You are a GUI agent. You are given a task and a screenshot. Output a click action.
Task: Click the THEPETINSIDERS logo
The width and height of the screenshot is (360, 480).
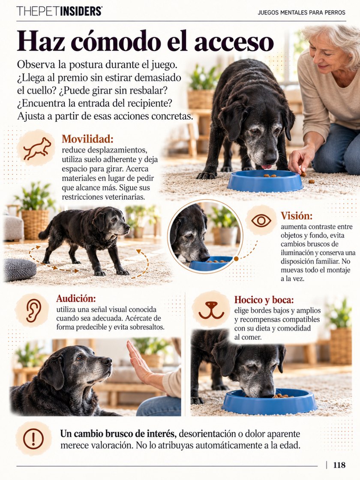(60, 11)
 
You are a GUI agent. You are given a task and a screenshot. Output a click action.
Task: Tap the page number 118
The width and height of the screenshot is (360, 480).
(339, 465)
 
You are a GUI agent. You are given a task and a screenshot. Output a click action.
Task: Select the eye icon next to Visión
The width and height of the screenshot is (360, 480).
(261, 220)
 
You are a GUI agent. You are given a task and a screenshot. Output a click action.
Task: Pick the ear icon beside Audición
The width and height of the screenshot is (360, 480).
(33, 310)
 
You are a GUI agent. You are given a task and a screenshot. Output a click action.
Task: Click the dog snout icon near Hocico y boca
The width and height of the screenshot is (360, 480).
(211, 310)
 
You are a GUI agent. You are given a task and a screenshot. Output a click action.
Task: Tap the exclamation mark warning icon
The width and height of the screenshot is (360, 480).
(33, 439)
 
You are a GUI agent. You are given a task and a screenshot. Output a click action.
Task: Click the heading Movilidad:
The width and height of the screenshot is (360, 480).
(87, 139)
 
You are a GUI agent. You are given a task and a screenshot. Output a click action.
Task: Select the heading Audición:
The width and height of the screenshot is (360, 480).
(76, 298)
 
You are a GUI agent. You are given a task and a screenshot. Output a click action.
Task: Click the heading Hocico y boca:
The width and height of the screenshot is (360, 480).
(264, 300)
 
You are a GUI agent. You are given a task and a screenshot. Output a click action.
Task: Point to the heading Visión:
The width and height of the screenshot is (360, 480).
(297, 216)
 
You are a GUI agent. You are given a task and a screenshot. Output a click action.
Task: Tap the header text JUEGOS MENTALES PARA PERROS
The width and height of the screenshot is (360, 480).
(302, 12)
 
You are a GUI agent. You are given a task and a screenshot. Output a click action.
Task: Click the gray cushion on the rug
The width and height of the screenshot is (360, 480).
(20, 270)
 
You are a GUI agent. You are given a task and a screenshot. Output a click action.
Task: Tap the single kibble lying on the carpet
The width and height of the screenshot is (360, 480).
(312, 182)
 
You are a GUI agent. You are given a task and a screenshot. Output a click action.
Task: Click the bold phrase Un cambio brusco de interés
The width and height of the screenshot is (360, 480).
(118, 434)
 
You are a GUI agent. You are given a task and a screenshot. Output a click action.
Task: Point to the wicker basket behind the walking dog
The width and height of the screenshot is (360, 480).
(35, 224)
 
